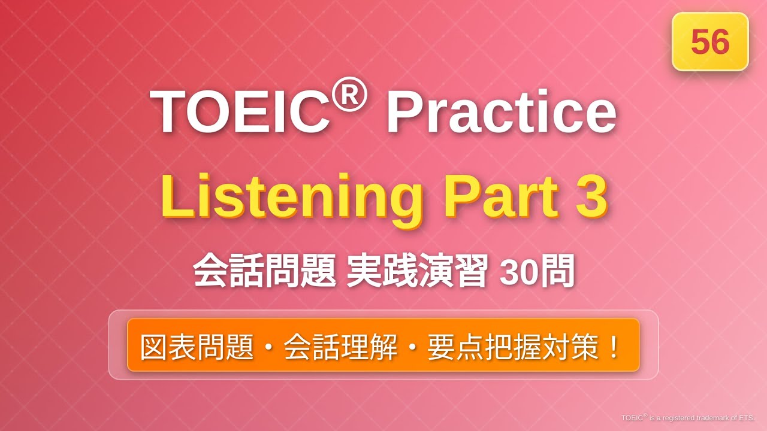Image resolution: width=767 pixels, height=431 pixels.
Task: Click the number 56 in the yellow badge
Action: pyautogui.click(x=710, y=42)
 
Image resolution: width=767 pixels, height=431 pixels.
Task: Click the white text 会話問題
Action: pyautogui.click(x=264, y=272)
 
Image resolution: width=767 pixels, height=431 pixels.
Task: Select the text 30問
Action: pyautogui.click(x=537, y=272)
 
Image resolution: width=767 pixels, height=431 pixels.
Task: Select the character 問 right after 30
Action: pyautogui.click(x=560, y=272)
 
